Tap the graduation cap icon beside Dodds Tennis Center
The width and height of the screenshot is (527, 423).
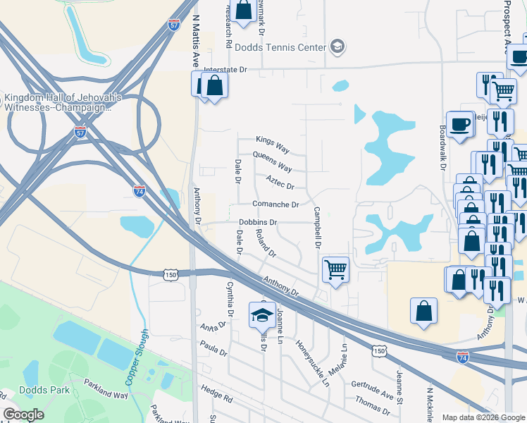[x=337, y=47]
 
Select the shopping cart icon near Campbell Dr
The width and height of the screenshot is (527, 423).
[x=335, y=269]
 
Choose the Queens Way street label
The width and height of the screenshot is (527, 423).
[x=272, y=162]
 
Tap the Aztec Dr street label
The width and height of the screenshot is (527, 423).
[x=280, y=182]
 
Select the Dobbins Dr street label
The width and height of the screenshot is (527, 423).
[x=258, y=222]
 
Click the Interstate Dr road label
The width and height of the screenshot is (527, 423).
[x=226, y=70]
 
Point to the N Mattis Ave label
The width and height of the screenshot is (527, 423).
[x=196, y=42]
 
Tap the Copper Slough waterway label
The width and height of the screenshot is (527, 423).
[x=137, y=357]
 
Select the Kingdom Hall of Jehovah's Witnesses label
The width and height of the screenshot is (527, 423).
[x=63, y=103]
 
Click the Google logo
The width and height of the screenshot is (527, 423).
[x=23, y=415]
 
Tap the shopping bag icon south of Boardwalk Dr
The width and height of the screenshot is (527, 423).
[x=424, y=311]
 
